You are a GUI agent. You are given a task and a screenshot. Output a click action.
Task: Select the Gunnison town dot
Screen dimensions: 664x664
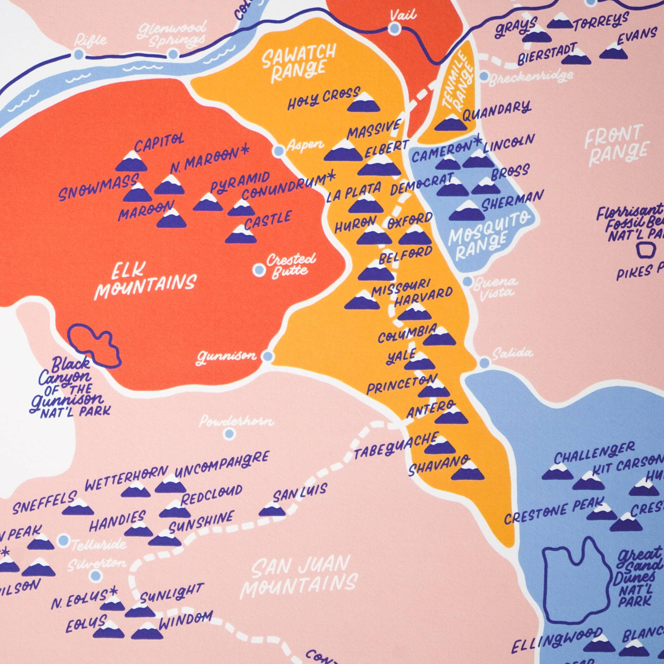click(268, 356)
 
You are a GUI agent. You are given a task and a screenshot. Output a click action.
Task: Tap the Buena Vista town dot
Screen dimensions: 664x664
click(467, 281)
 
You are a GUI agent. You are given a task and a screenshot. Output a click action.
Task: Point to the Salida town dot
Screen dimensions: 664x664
click(484, 362)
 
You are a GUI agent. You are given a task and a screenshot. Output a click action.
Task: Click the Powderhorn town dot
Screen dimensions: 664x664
click(229, 434)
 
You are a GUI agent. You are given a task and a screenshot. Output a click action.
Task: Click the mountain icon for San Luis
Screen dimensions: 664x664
click(272, 511)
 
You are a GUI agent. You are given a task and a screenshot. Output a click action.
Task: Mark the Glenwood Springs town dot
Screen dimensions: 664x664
click(173, 54)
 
